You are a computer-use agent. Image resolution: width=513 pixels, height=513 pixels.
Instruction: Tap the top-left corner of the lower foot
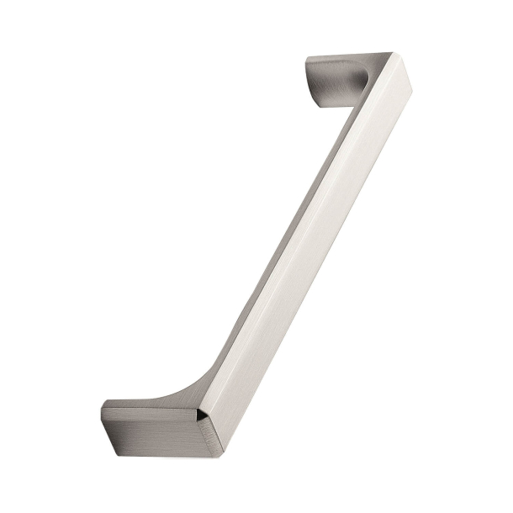click(106, 404)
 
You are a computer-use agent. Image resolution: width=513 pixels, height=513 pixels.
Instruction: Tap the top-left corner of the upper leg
click(307, 59)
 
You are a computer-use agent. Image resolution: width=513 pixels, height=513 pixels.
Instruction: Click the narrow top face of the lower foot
click(143, 405)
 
